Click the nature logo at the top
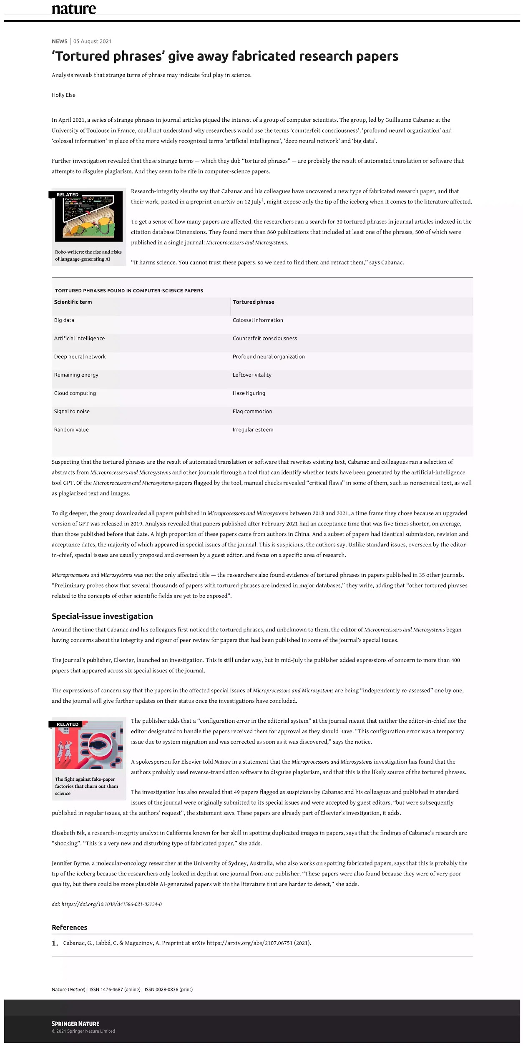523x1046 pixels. tap(74, 9)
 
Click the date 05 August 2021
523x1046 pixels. tap(93, 41)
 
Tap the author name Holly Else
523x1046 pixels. tap(63, 95)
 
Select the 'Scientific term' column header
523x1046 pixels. tap(73, 302)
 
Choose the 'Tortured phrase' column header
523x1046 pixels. tap(254, 302)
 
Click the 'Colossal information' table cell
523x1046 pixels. tap(258, 320)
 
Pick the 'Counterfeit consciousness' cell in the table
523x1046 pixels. tap(265, 339)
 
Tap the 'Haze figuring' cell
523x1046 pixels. tap(249, 393)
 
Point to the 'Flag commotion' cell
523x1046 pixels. tap(252, 412)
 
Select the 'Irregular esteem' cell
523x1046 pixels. tap(253, 430)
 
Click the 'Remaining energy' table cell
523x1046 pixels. tap(76, 375)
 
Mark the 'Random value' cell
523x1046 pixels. tap(71, 430)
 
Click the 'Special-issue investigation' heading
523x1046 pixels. tap(102, 616)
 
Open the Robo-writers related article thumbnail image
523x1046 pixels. tap(89, 217)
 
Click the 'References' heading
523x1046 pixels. tap(69, 928)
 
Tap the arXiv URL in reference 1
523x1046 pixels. tap(249, 943)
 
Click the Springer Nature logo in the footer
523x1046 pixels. tap(75, 1023)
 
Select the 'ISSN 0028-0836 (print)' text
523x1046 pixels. tap(168, 989)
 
